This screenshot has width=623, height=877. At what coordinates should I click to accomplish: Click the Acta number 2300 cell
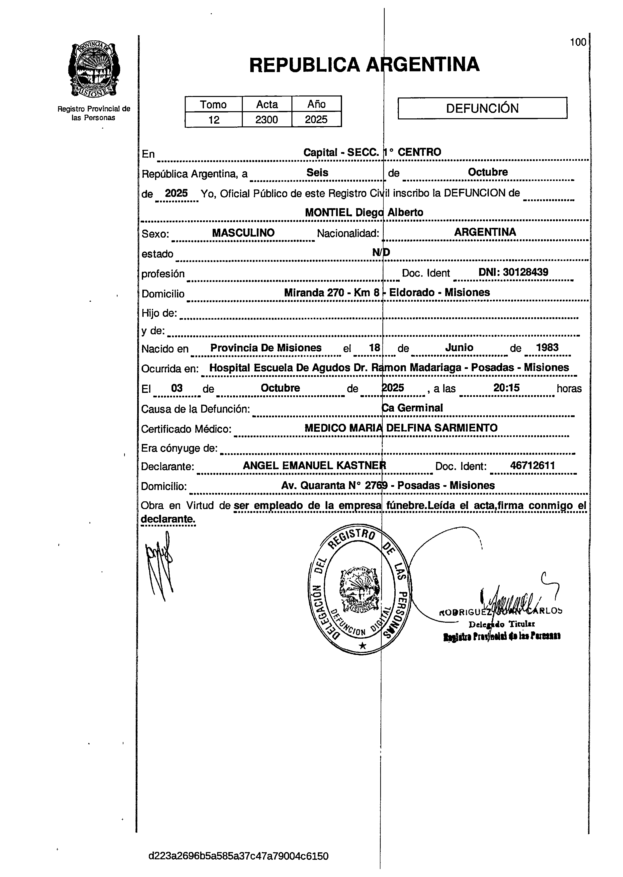(267, 120)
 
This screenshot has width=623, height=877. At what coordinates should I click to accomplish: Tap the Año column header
(317, 104)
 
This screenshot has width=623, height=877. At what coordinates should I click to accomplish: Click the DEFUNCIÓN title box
(482, 108)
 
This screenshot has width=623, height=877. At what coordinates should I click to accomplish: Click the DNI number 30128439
(525, 272)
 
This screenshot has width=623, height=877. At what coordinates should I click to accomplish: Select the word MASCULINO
(243, 233)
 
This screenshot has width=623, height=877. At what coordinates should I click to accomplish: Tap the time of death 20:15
(506, 388)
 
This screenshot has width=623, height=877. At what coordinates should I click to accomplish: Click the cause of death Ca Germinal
(413, 408)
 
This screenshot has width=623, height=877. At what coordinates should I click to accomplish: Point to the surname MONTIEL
(328, 213)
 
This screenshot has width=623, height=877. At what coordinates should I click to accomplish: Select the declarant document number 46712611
(533, 466)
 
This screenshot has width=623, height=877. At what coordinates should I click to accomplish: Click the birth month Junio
(459, 348)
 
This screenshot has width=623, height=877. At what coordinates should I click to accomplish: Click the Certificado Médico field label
(186, 429)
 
